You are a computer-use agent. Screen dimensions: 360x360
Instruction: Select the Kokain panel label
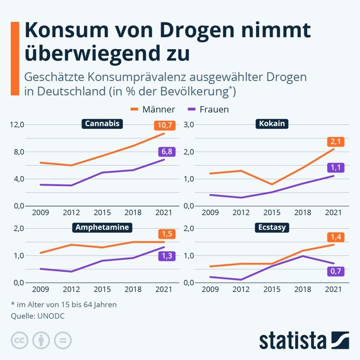click(x=271, y=124)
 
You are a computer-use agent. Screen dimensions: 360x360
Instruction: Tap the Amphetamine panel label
click(x=102, y=227)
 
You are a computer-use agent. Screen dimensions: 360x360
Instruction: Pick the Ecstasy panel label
click(x=271, y=227)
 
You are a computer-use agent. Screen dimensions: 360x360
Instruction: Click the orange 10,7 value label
click(x=164, y=125)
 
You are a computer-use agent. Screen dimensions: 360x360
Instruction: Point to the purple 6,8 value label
click(x=164, y=152)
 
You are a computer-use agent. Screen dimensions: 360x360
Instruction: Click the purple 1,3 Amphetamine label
click(x=164, y=256)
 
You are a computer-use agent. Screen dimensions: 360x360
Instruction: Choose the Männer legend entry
click(x=153, y=109)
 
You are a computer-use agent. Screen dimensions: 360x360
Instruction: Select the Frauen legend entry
click(x=208, y=109)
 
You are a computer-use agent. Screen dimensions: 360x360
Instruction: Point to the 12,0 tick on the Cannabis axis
click(x=17, y=124)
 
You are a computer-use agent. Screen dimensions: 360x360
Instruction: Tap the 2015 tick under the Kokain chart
click(x=272, y=213)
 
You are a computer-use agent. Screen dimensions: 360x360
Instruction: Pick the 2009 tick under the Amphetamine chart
click(x=40, y=290)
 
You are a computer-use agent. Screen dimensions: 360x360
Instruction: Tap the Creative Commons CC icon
click(x=20, y=340)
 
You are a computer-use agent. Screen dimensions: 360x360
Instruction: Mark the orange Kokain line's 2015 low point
click(x=272, y=184)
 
